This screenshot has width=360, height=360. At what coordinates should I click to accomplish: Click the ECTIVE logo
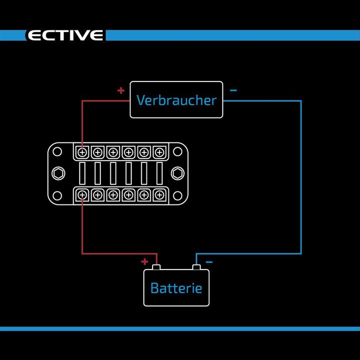65,35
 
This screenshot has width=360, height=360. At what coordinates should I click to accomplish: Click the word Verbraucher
176,100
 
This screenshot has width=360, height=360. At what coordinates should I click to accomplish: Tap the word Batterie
176,288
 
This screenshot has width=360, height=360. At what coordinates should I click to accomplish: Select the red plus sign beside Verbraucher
120,90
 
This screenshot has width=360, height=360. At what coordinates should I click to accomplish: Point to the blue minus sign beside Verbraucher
233,90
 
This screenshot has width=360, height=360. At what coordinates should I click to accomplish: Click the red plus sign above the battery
144,261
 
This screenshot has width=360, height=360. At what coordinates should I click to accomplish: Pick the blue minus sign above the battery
209,261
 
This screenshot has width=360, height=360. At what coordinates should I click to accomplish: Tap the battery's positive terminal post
156,267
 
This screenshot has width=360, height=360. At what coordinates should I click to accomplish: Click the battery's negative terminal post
196,267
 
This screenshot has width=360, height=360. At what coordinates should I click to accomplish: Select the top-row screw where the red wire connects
82,152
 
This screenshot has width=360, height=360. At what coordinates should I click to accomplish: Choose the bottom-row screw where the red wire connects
82,194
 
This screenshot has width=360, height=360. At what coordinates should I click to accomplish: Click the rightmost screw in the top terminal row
159,152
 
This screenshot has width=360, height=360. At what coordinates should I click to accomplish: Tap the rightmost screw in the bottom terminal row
159,194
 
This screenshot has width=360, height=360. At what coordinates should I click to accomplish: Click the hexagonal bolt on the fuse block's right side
176,173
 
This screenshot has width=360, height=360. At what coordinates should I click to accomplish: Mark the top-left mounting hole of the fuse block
57,151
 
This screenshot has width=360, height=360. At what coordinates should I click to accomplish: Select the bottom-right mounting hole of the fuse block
177,195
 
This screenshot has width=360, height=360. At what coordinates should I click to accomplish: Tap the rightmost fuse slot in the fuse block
159,173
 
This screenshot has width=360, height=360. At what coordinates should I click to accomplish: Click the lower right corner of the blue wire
301,253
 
